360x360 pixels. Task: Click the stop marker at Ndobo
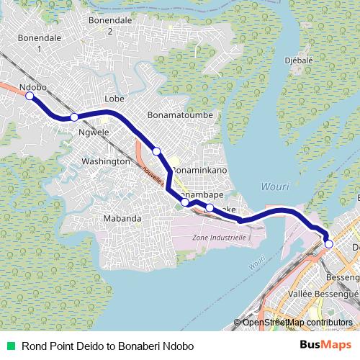pyautogui.click(x=30, y=98)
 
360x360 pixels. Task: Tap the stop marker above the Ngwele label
pyautogui.click(x=74, y=117)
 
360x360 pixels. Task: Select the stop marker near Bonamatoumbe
pyautogui.click(x=156, y=150)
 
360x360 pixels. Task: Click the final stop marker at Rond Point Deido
pyautogui.click(x=329, y=244)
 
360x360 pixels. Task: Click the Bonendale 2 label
pyautogui.click(x=109, y=26)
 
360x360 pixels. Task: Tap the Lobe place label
pyautogui.click(x=115, y=98)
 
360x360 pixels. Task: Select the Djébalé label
pyautogui.click(x=299, y=60)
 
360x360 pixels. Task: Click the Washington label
pyautogui.click(x=105, y=161)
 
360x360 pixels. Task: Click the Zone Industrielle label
pyautogui.click(x=220, y=237)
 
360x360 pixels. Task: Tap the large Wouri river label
pyautogui.click(x=274, y=186)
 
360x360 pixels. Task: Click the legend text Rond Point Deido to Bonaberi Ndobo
pyautogui.click(x=108, y=346)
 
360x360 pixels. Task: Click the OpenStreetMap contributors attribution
pyautogui.click(x=297, y=323)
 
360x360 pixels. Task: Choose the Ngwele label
pyautogui.click(x=94, y=133)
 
